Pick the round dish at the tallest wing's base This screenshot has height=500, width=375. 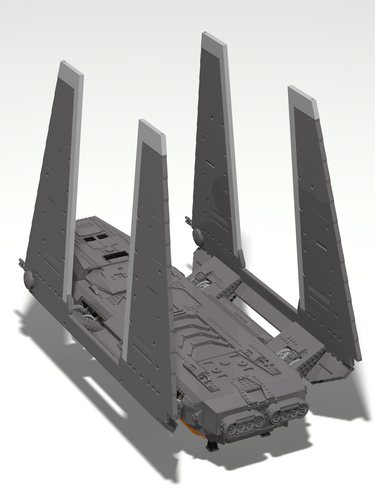click(x=197, y=234)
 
